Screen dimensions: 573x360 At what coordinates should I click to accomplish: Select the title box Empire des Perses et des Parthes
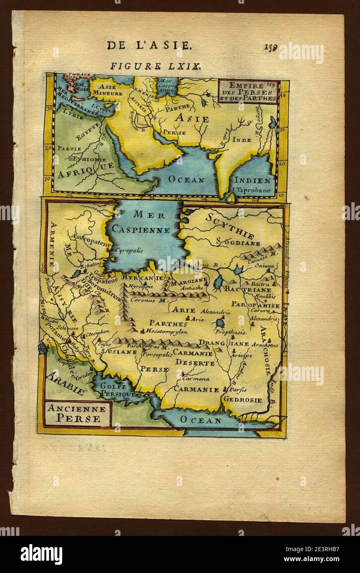pyautogui.click(x=248, y=92)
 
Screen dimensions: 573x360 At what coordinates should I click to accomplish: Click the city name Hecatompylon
pyautogui.click(x=166, y=331)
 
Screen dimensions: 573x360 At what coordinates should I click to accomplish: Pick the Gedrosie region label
pyautogui.click(x=242, y=399)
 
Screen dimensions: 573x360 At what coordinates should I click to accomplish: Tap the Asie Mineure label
pyautogui.click(x=108, y=90)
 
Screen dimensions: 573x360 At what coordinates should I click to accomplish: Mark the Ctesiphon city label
pyautogui.click(x=98, y=331)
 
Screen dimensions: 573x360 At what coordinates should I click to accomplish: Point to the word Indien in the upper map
pyautogui.click(x=253, y=180)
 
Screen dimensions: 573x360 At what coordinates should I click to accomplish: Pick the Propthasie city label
pyautogui.click(x=230, y=332)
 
